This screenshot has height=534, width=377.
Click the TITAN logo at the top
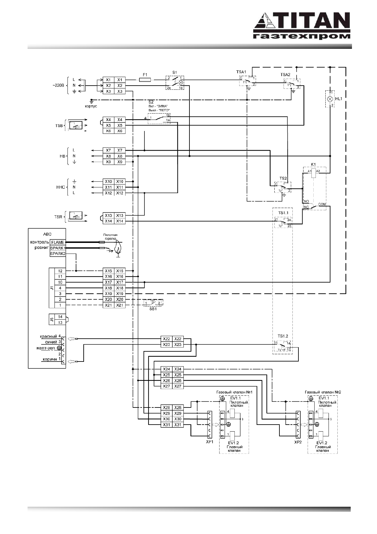[302, 25]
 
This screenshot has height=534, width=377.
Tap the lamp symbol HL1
[330, 98]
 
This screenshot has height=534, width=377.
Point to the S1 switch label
[175, 72]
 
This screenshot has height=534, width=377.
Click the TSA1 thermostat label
[241, 72]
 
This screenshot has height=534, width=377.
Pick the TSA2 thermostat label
[285, 75]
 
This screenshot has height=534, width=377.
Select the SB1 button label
[153, 309]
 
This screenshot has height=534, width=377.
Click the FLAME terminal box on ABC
[58, 242]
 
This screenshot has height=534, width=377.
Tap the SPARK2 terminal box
[58, 254]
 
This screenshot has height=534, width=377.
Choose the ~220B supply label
[58, 85]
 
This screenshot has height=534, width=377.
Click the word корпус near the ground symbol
[91, 107]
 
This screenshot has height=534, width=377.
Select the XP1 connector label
[209, 442]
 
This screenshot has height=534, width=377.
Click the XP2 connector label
[298, 442]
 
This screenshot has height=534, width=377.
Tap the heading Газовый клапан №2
[323, 392]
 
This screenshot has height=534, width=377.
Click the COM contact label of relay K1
[322, 205]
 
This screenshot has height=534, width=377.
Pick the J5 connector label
[52, 319]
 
